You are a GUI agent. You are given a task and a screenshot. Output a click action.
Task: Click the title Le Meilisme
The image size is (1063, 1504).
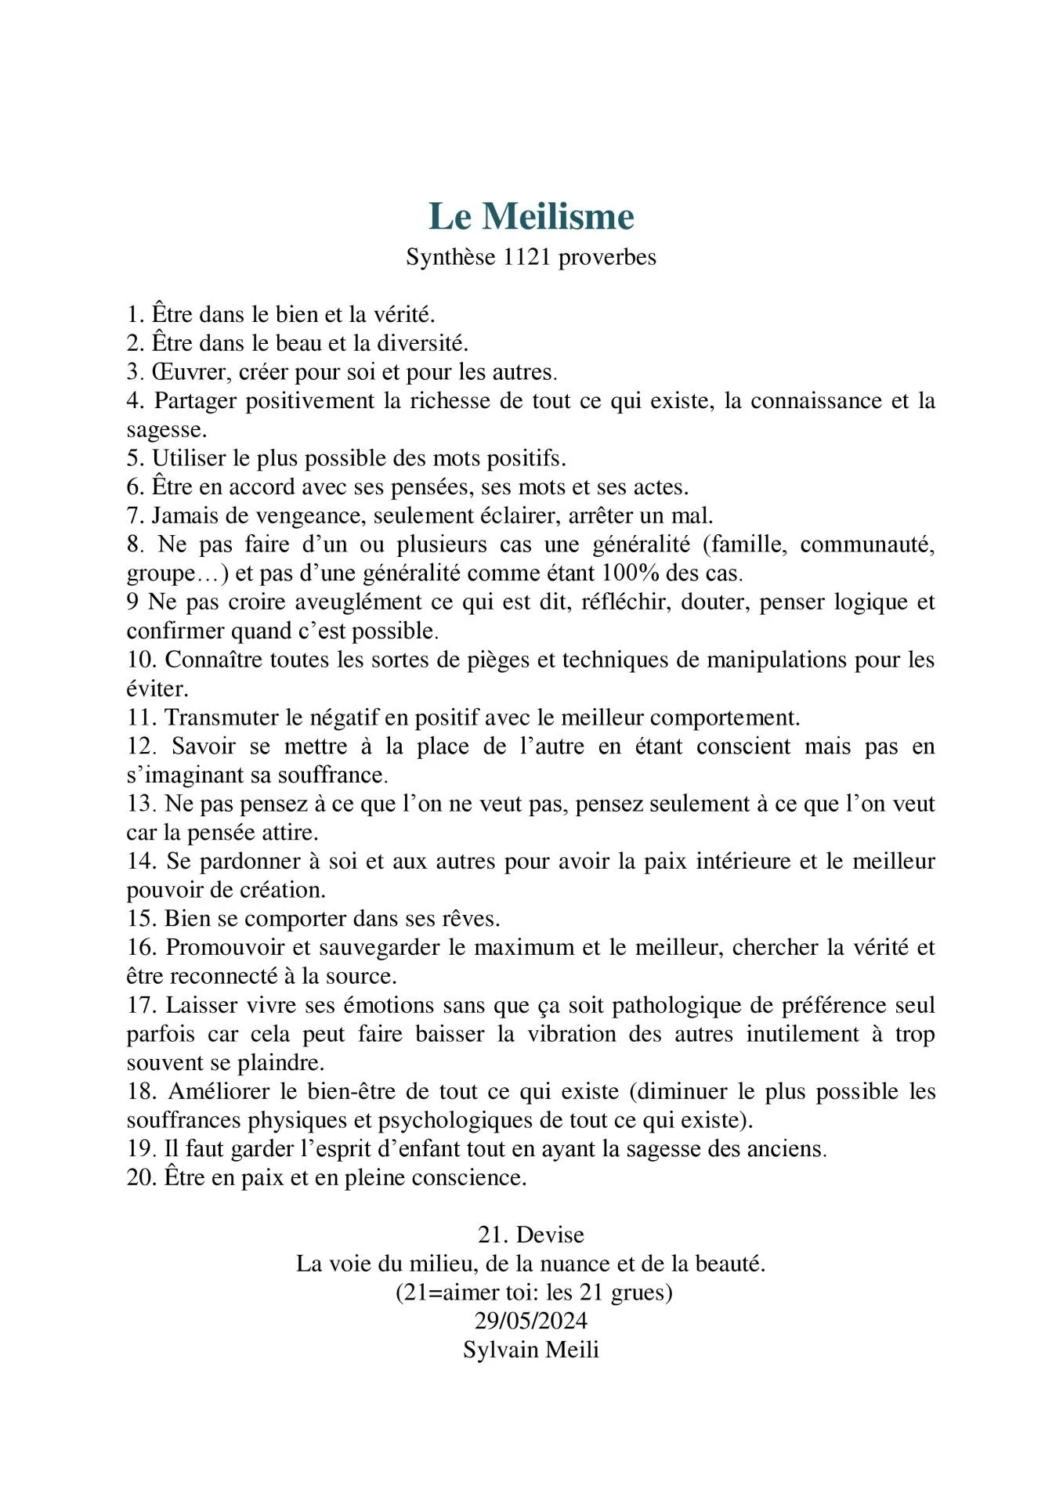tap(531, 216)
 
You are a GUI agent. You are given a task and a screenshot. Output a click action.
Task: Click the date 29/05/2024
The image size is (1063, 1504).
tap(530, 1321)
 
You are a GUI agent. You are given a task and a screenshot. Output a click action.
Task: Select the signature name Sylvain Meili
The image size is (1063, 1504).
tap(530, 1350)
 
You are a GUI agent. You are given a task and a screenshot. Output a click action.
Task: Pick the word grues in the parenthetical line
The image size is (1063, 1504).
tap(641, 1292)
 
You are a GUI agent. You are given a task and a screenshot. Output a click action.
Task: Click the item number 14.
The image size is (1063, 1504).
tap(142, 862)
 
